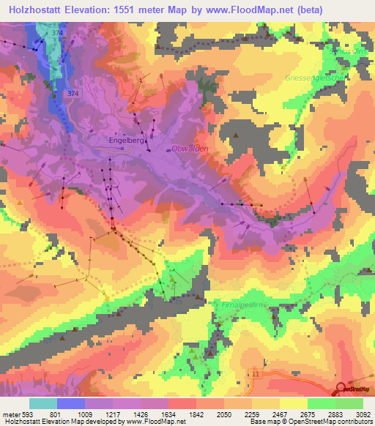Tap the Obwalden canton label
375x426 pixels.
[x=190, y=149]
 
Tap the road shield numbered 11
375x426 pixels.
[x=256, y=373]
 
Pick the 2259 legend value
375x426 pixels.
[x=265, y=414]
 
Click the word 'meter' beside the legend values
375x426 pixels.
[x=10, y=414]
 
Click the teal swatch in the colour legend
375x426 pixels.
[x=42, y=403]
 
